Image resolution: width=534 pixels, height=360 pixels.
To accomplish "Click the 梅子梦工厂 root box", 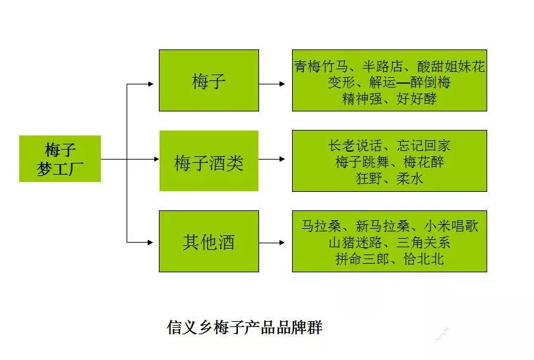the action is click(60, 159).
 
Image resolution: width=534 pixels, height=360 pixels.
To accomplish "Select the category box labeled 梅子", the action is click(209, 80).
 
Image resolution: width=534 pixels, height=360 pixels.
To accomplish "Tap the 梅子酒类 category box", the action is click(209, 161).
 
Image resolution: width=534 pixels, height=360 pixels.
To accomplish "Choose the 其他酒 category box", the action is click(209, 241).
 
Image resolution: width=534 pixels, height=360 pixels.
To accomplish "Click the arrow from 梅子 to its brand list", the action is click(272, 84).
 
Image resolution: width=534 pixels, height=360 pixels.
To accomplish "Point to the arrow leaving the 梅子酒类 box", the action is click(272, 159).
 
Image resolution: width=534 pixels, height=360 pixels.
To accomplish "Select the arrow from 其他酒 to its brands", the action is click(272, 243).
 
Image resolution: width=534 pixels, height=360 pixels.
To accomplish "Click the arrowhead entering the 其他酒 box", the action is click(150, 243).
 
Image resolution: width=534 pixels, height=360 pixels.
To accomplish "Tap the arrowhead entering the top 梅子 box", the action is click(150, 84).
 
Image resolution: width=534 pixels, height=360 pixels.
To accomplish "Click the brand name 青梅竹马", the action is click(321, 66).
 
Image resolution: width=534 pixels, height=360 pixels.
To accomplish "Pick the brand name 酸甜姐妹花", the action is click(450, 66).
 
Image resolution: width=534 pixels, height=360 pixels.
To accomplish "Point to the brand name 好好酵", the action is click(417, 99).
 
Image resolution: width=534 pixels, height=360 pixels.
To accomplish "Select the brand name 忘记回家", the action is click(423, 146).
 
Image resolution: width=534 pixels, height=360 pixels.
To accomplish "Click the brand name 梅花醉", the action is click(424, 162).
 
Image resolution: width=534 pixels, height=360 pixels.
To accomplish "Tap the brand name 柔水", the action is click(409, 179).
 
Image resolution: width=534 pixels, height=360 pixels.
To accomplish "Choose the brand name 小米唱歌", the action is click(451, 225).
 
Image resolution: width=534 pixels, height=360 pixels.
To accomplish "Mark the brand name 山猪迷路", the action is click(355, 243).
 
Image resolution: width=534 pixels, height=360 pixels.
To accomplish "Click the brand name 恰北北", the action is click(424, 259).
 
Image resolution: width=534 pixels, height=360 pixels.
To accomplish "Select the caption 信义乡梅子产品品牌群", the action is click(245, 327).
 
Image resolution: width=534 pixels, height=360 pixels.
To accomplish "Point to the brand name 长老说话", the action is click(355, 146).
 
